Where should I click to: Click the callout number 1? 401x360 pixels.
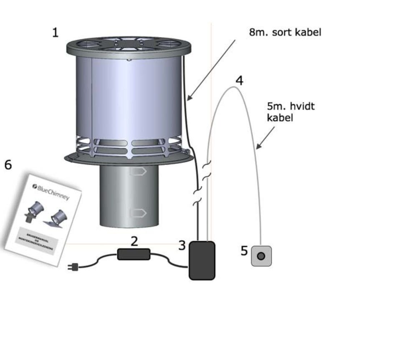[x=55, y=33]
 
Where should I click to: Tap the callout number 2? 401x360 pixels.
[x=134, y=241]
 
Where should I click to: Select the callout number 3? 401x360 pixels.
[x=182, y=246]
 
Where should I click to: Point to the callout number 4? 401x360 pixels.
[x=239, y=80]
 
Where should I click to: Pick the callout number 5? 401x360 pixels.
[x=244, y=251]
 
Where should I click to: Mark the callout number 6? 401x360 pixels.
[x=8, y=165]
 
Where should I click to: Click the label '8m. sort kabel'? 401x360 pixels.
[x=285, y=32]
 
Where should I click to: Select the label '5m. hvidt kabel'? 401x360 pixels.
[x=290, y=112]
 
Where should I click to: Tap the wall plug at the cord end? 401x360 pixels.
[x=73, y=266]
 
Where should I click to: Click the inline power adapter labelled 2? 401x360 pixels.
[x=134, y=254]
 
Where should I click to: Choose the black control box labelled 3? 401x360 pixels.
[x=202, y=260]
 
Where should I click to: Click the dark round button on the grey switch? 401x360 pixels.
[x=261, y=256]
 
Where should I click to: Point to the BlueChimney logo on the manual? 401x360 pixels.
[x=51, y=192]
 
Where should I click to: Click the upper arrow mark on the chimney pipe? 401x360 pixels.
[x=137, y=171]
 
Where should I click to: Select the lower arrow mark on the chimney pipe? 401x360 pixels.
[x=137, y=213]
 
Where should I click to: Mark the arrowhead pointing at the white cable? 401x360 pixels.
[x=258, y=147]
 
